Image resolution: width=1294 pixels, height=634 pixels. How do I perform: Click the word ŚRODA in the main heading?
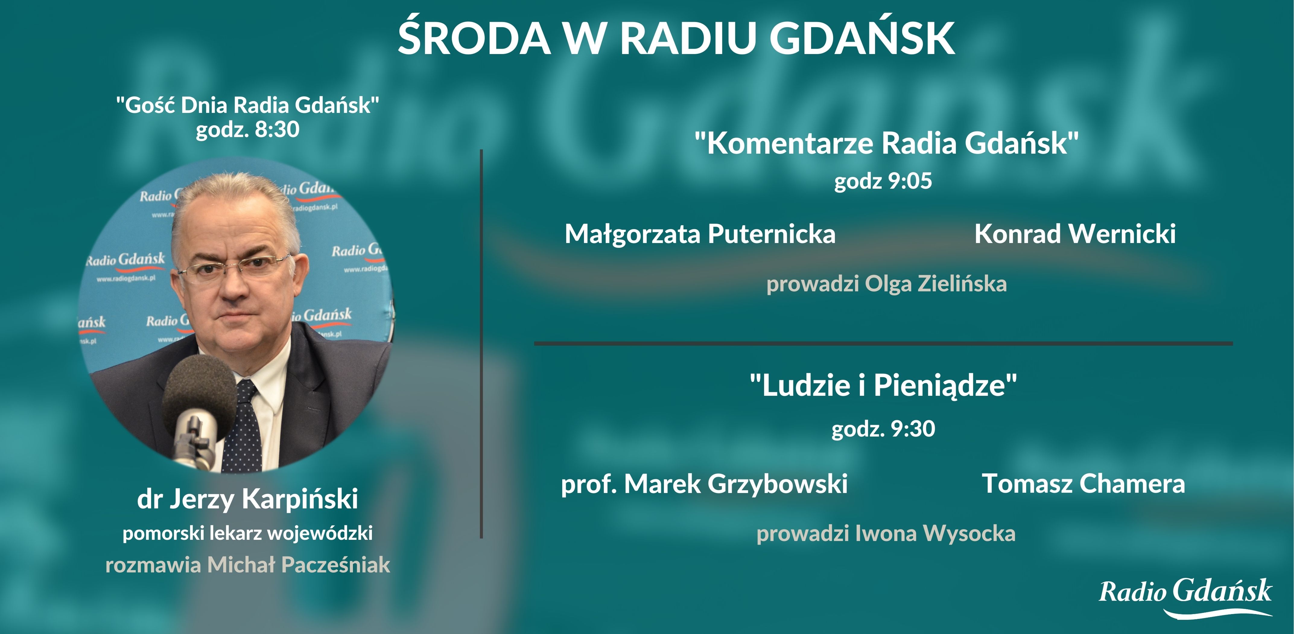pyautogui.click(x=474, y=38)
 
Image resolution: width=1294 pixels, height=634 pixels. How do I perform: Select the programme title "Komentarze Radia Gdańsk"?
pyautogui.click(x=886, y=143)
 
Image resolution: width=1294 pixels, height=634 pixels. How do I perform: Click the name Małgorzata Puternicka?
pyautogui.click(x=700, y=234)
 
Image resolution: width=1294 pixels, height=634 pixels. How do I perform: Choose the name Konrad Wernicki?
pyautogui.click(x=1075, y=234)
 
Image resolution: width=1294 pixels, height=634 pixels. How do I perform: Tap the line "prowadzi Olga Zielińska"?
pyautogui.click(x=886, y=283)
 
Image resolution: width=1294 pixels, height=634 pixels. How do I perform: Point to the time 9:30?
pyautogui.click(x=912, y=429)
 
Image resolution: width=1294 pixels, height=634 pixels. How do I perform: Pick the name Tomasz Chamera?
pyautogui.click(x=1083, y=484)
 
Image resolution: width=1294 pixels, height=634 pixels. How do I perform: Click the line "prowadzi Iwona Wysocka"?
pyautogui.click(x=886, y=533)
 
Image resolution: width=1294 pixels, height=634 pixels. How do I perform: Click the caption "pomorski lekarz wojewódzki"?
pyautogui.click(x=248, y=533)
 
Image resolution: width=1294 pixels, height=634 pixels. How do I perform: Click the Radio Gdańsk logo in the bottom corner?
pyautogui.click(x=1185, y=596)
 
